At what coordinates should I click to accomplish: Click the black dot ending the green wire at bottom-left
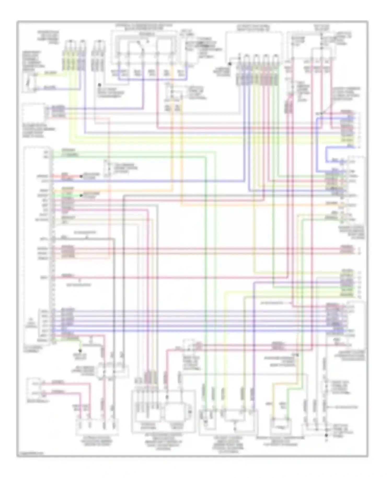[x=80, y=351]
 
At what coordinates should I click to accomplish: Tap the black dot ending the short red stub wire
[x=81, y=176]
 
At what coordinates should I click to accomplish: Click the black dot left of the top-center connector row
[x=230, y=64]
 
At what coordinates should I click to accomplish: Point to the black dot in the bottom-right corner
[x=326, y=435]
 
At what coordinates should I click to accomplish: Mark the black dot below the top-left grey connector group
[x=99, y=85]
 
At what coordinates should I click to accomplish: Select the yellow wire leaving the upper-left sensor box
[x=52, y=74]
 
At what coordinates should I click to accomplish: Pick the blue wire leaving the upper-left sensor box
[x=52, y=89]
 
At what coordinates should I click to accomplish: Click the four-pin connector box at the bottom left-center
[x=97, y=426]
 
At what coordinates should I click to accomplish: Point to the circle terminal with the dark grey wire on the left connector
[x=53, y=239]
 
